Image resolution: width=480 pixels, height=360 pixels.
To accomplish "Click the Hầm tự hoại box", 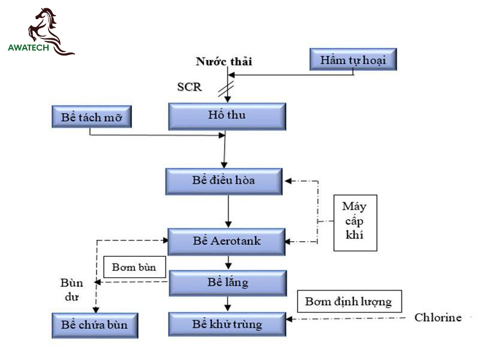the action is [353, 59].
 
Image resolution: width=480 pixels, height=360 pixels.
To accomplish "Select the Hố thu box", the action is [227, 116].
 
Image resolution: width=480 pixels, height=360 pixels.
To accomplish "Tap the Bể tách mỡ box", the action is [92, 116].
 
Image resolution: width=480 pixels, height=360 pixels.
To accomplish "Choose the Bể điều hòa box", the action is [224, 181].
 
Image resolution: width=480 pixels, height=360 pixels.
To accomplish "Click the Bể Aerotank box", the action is [227, 242].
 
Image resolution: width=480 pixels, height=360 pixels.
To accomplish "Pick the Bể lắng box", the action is [228, 283].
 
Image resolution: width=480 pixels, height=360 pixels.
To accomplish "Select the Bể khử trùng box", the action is [227, 324].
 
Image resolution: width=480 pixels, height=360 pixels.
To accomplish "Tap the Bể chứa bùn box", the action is [95, 325].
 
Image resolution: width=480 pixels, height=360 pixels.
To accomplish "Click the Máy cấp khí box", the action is [355, 223].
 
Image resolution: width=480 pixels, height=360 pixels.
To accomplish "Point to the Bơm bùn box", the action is [134, 267].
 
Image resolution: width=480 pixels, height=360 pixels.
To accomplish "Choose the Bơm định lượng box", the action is [349, 301].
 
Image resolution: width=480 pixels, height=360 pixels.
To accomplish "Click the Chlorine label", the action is [438, 317].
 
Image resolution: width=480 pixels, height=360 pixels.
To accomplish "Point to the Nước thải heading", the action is [224, 62].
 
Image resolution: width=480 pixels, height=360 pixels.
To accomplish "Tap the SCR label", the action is [190, 87].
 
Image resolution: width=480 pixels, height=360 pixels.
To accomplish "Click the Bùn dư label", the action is [72, 290].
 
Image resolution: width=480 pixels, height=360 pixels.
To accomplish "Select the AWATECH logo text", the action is [28, 47].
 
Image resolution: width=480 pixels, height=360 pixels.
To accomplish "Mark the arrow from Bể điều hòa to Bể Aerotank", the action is [228, 211].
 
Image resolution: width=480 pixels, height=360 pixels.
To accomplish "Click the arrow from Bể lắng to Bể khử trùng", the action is [227, 304].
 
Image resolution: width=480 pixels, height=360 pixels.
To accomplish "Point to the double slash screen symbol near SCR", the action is [226, 88].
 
